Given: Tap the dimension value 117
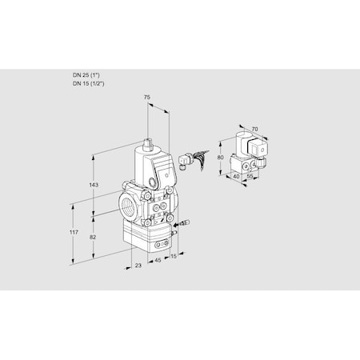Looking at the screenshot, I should coord(74,233).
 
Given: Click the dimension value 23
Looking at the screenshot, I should coord(139,265).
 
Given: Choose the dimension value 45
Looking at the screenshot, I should coord(157,260).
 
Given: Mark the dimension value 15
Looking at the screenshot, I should coord(174,257).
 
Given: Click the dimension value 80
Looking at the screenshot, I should coord(221,158).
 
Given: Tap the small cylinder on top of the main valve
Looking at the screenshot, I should coord(149,146).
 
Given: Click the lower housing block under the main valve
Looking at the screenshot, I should coord(145,236).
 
